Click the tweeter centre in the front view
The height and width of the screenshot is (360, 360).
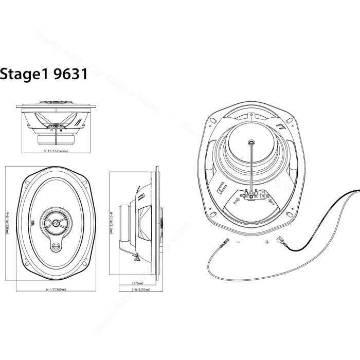[55, 223]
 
